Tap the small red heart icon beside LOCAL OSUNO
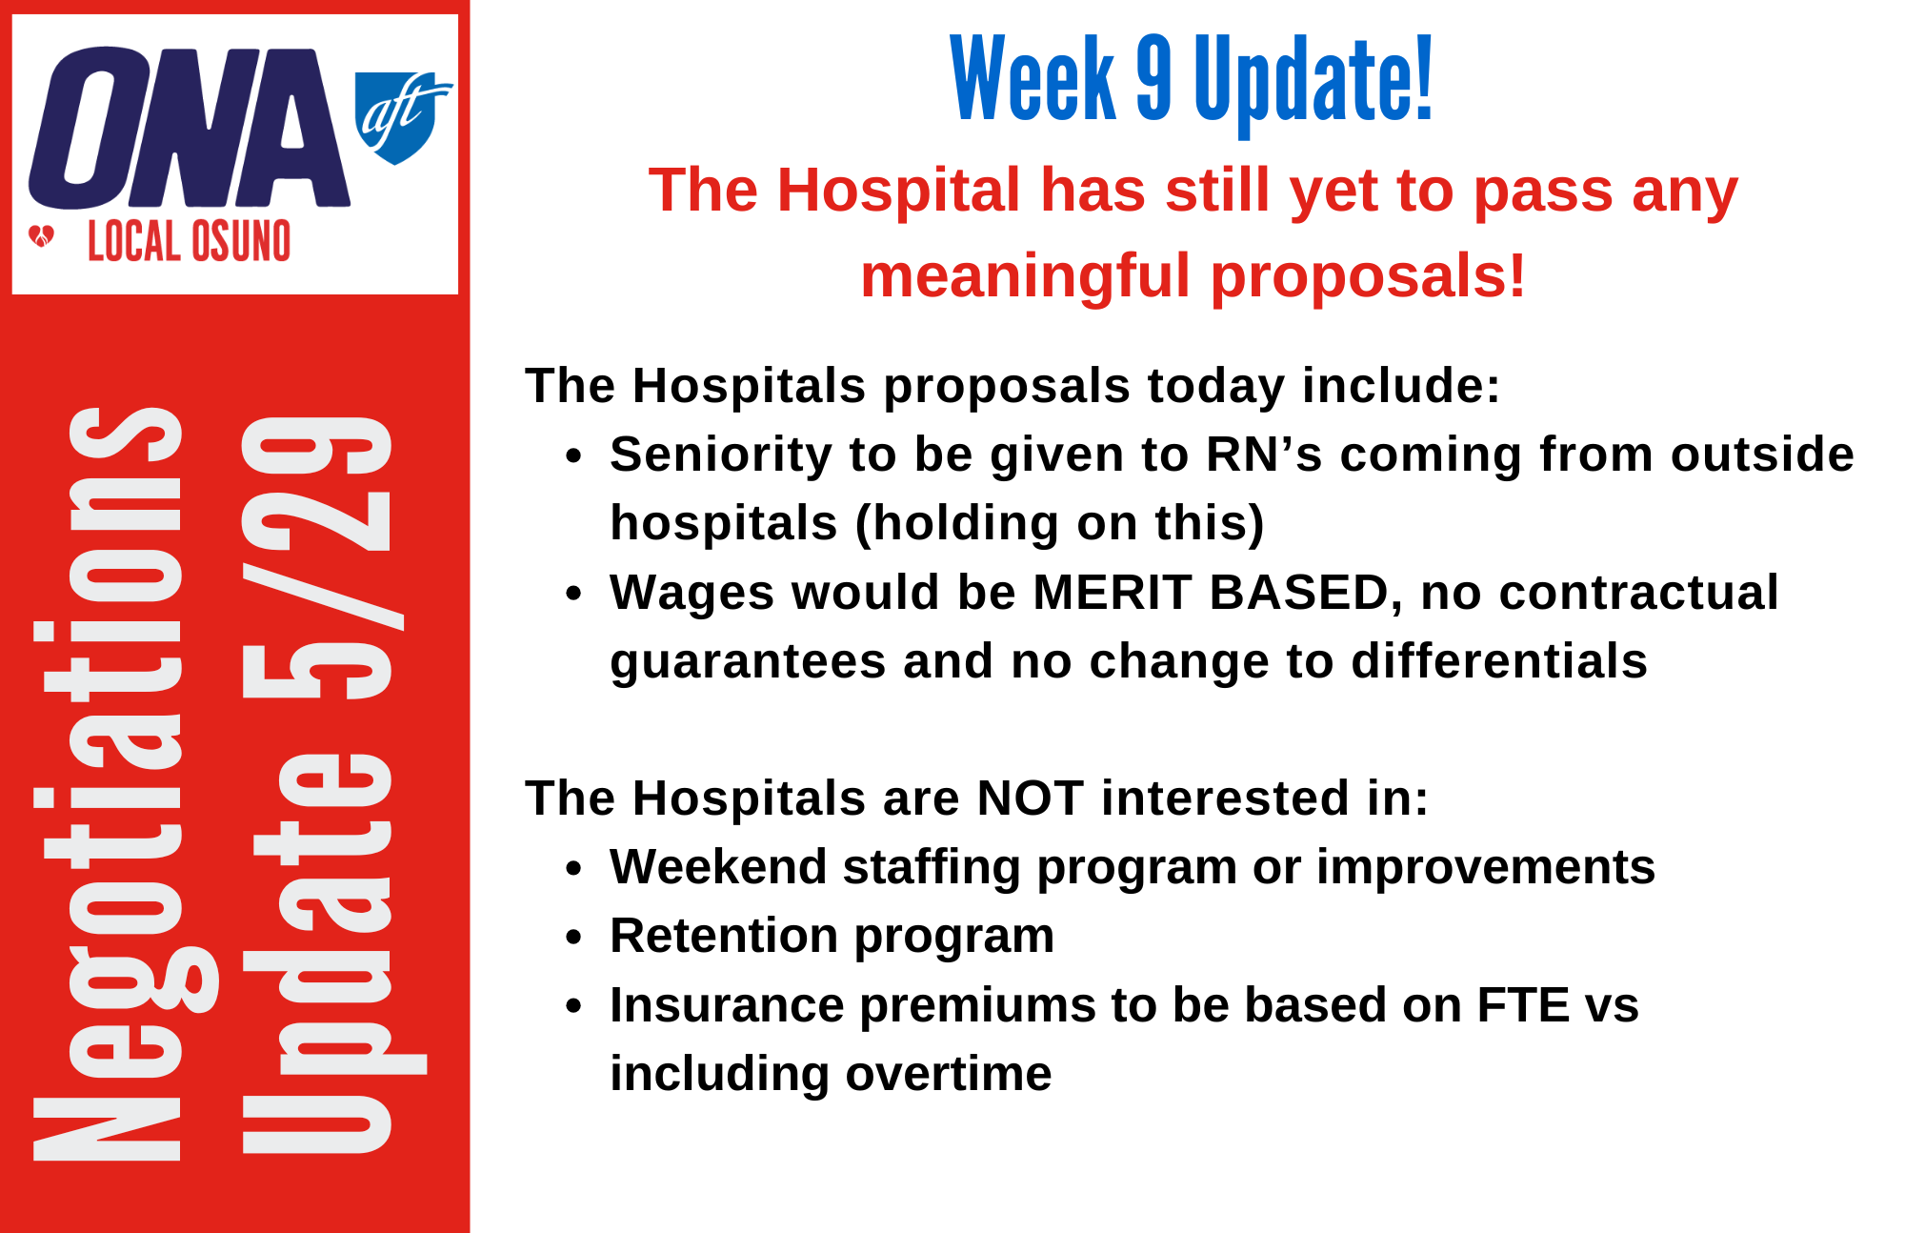42,235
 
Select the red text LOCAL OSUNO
189,241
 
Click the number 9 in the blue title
1153,78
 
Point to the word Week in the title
1033,78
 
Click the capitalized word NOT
1030,798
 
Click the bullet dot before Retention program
572,938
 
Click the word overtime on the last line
949,1074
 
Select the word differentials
1499,661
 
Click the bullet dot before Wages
572,594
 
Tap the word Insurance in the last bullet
727,1005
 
